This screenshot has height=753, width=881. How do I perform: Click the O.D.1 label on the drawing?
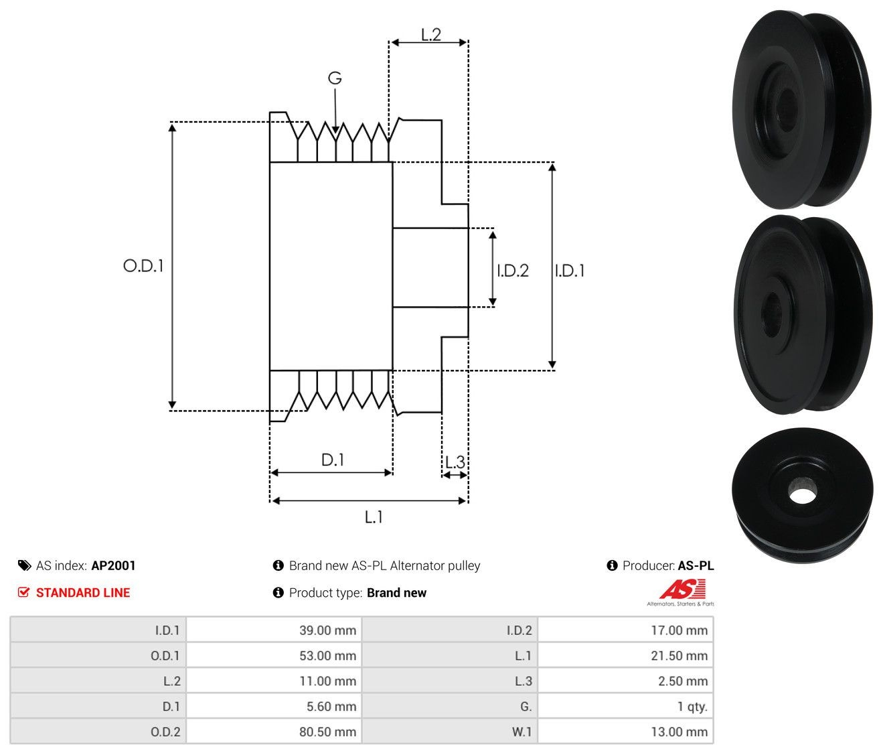click(x=143, y=266)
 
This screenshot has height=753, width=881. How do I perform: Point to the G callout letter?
click(x=335, y=78)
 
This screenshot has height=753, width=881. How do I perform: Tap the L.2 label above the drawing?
click(x=431, y=35)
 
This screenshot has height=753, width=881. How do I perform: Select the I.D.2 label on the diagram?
click(x=513, y=271)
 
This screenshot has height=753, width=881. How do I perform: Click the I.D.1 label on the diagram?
click(x=570, y=271)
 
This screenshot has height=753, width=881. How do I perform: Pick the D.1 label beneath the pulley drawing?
click(x=333, y=460)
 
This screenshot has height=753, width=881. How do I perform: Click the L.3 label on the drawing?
click(x=455, y=462)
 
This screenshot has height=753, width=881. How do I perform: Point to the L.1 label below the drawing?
click(x=374, y=517)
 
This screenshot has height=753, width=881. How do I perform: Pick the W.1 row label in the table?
click(x=522, y=732)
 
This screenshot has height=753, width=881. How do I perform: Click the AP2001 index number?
click(x=113, y=565)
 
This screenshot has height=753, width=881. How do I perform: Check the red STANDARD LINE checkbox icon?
click(x=24, y=592)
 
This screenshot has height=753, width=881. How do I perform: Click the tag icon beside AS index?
click(x=25, y=565)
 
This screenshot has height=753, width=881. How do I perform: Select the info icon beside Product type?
click(x=278, y=593)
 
